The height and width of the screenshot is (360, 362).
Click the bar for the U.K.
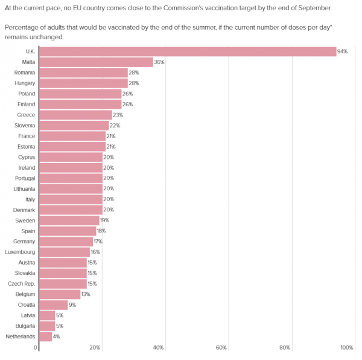(x=187, y=51)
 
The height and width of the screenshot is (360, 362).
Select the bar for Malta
(x=96, y=62)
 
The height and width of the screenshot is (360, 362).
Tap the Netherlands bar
(x=45, y=336)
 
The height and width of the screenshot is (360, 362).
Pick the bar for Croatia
(x=53, y=305)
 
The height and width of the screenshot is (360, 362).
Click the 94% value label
(x=343, y=51)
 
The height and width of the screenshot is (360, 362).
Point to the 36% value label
(x=160, y=62)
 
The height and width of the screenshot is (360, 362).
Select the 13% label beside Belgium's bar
(x=87, y=294)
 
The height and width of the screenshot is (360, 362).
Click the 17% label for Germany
(x=98, y=242)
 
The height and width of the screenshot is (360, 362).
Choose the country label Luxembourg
(x=21, y=252)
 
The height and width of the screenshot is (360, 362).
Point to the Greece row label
(x=26, y=115)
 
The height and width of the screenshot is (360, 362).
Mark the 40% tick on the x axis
(x=159, y=348)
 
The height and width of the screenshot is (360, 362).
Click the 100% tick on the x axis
(x=347, y=348)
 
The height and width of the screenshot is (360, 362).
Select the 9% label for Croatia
(x=73, y=305)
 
